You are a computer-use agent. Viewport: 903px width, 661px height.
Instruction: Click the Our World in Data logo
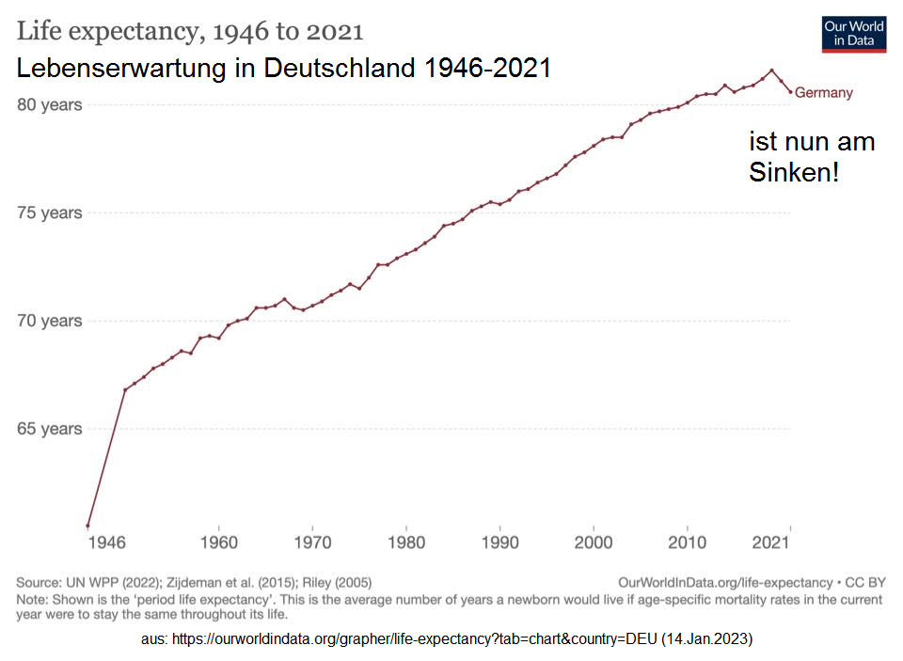point(853,33)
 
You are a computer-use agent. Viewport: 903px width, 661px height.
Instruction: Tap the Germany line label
point(824,92)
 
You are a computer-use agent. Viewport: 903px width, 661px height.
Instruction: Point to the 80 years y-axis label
point(50,104)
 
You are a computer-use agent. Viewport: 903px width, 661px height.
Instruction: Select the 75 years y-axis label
point(50,212)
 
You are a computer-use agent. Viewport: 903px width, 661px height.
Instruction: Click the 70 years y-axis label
point(50,321)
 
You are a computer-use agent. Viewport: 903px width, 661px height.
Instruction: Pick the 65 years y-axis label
point(50,429)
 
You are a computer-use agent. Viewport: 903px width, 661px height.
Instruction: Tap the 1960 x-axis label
point(218,543)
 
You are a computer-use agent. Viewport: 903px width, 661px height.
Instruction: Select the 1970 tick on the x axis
point(311,543)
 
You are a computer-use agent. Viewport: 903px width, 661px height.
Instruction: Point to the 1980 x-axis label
point(405,543)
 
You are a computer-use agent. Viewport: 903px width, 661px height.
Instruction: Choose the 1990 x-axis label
point(499,543)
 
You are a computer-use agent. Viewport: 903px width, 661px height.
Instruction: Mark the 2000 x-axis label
point(594,543)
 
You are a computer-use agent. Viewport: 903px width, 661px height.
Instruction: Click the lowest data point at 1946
point(87,526)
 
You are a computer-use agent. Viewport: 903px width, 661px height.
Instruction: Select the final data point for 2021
point(790,91)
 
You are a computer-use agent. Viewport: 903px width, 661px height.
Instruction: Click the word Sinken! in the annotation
point(794,172)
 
